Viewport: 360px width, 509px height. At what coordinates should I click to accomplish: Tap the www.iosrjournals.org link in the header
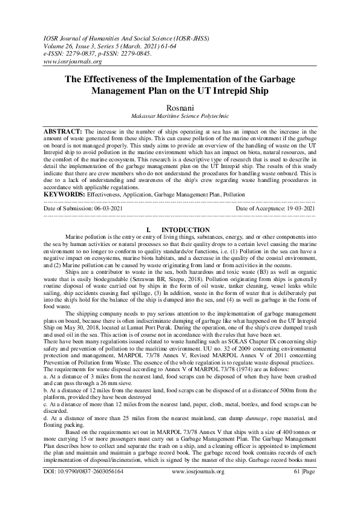coord(73,61)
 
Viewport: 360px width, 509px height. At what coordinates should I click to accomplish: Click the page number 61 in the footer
coord(298,488)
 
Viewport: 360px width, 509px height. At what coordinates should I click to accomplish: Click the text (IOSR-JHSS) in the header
coord(202,37)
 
